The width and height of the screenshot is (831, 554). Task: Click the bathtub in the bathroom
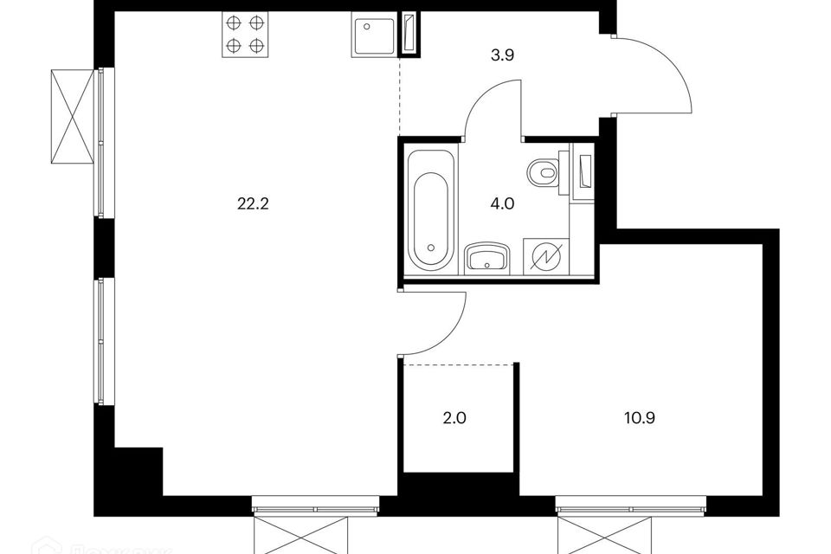430,210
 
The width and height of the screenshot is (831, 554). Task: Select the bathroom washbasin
487,258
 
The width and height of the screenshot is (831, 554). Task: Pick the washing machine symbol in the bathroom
547,257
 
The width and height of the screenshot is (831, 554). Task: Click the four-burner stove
244,35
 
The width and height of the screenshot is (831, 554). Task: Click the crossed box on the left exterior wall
72,116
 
